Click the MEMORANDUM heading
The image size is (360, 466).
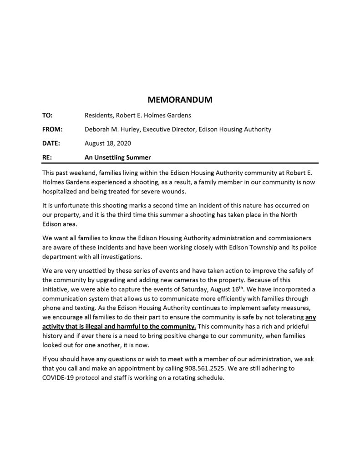(180, 100)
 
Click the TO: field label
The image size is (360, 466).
(47, 116)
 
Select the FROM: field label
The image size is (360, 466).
(52, 129)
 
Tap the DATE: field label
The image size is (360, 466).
(51, 143)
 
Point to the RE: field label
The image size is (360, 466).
(47, 157)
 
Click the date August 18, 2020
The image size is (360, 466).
(108, 143)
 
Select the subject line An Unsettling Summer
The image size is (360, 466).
(117, 157)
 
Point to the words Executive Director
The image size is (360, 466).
(168, 129)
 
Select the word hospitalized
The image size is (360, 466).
(61, 191)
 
